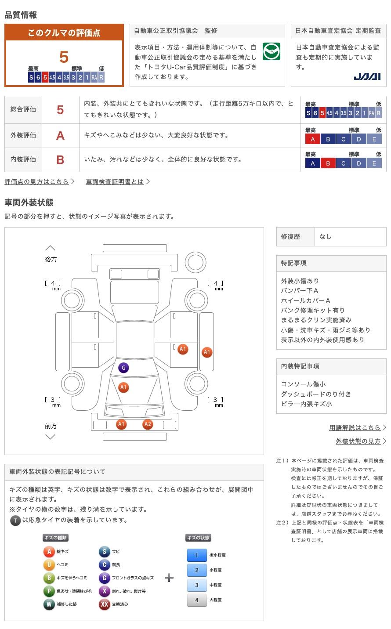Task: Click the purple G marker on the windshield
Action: click(x=123, y=368)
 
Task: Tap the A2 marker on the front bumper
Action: click(x=148, y=424)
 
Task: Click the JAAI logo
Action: click(x=367, y=76)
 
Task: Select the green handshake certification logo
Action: click(x=271, y=52)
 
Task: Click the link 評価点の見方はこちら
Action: click(x=36, y=181)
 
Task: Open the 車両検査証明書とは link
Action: click(x=115, y=181)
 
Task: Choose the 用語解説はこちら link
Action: click(x=355, y=427)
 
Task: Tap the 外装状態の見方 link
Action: click(x=358, y=441)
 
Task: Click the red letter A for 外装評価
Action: click(x=60, y=136)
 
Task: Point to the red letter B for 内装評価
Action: click(x=60, y=160)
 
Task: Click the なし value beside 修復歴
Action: click(x=326, y=236)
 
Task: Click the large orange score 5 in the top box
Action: click(x=64, y=57)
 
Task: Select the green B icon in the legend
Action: click(x=49, y=578)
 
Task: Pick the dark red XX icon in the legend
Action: click(x=104, y=604)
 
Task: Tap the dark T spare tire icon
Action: click(x=15, y=521)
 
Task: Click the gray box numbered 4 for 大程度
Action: click(x=196, y=600)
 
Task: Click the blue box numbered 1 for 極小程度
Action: click(x=196, y=555)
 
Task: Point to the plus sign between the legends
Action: click(x=169, y=578)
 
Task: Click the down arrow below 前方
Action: click(x=50, y=437)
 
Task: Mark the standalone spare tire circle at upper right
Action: click(x=195, y=262)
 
